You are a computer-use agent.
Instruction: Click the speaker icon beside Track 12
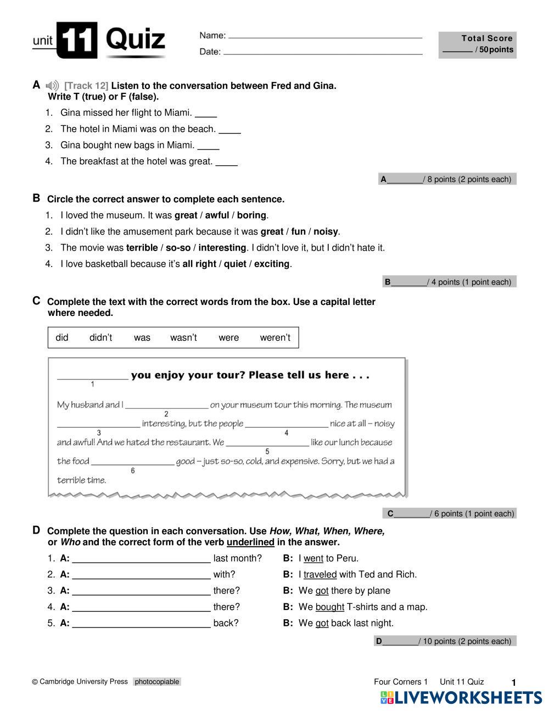click(x=52, y=86)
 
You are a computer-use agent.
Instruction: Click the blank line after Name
click(x=325, y=37)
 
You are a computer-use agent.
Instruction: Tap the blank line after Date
click(x=323, y=53)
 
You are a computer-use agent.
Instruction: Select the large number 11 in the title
click(x=77, y=40)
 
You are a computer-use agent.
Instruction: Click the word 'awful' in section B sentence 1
click(x=217, y=215)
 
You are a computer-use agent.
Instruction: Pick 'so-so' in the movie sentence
click(x=178, y=248)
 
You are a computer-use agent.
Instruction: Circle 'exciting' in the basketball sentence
click(x=272, y=264)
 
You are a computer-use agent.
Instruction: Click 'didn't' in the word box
click(x=100, y=338)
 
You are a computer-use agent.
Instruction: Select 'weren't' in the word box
click(x=275, y=338)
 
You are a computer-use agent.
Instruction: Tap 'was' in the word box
click(x=142, y=338)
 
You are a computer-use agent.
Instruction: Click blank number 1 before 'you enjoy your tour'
click(x=93, y=377)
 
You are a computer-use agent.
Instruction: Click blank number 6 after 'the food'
click(x=132, y=463)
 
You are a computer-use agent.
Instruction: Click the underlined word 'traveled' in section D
click(x=320, y=575)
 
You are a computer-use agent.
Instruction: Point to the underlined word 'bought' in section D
click(x=329, y=607)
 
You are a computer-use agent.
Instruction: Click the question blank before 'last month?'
click(x=141, y=560)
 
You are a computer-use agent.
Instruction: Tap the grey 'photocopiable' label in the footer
click(x=157, y=682)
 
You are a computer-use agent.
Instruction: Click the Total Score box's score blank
click(x=457, y=51)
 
